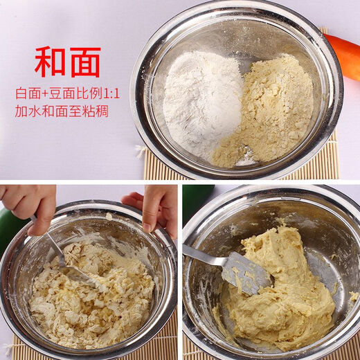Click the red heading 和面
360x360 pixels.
pyautogui.click(x=67, y=62)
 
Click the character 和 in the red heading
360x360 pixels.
pyautogui.click(x=51, y=62)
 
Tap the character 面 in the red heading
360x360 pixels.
pyautogui.click(x=84, y=62)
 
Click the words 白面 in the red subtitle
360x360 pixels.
pyautogui.click(x=27, y=93)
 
